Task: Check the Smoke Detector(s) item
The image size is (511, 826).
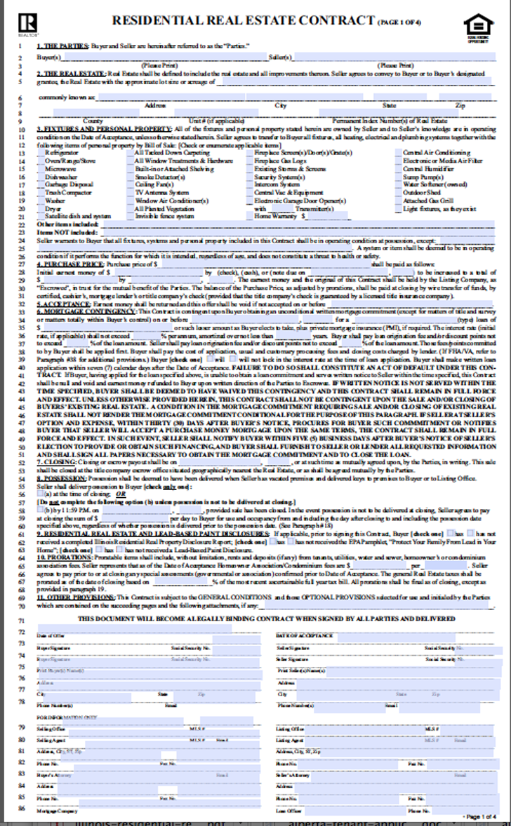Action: click(x=157, y=178)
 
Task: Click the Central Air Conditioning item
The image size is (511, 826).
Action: click(x=437, y=152)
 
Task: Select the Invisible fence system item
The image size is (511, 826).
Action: click(x=164, y=217)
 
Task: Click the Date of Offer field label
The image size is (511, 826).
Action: click(x=51, y=635)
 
